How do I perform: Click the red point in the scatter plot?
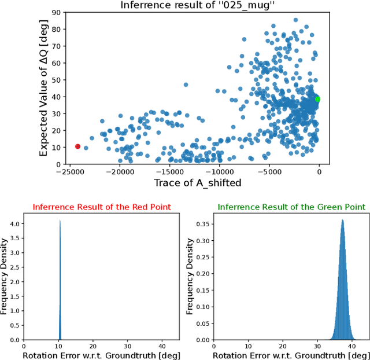(78, 146)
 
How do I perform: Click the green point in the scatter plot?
(317, 99)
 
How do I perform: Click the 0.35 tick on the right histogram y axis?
(203, 223)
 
